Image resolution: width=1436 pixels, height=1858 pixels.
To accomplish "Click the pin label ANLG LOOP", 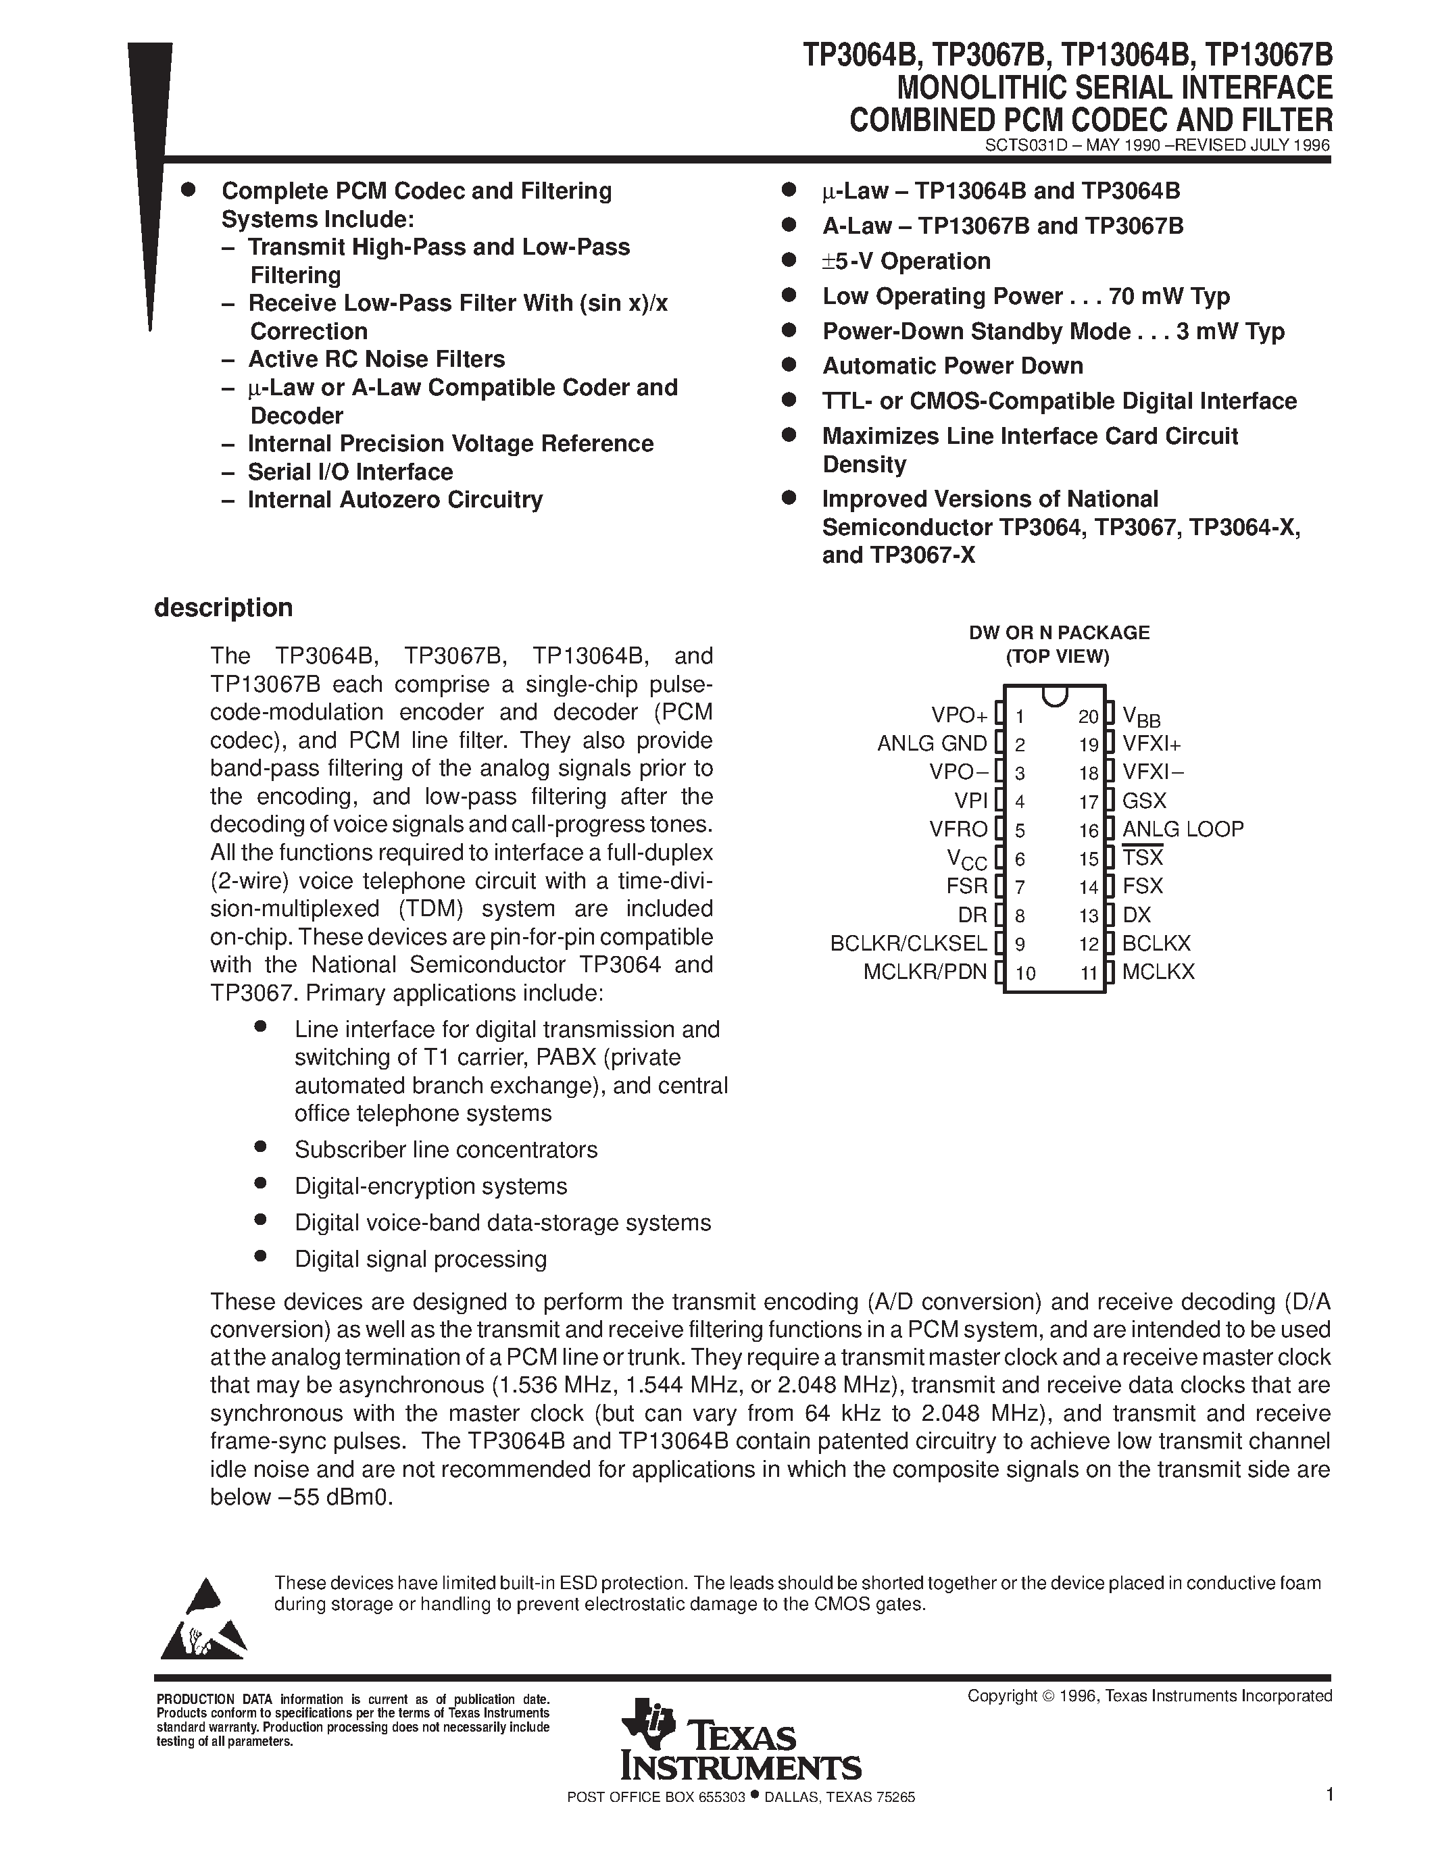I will (1183, 830).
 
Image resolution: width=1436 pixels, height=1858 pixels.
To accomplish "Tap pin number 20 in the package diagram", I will (1088, 717).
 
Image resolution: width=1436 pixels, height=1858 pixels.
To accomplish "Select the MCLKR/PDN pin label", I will (924, 972).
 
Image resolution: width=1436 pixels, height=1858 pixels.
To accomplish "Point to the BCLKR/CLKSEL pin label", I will (908, 943).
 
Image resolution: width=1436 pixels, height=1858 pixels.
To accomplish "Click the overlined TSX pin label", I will (1143, 857).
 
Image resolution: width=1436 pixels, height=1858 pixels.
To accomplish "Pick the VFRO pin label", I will (959, 830).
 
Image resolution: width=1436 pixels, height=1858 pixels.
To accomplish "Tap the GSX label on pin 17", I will (1144, 801).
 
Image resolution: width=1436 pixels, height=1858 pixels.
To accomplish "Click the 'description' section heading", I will (223, 608).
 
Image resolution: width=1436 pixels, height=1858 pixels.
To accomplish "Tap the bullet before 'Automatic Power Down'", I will (789, 365).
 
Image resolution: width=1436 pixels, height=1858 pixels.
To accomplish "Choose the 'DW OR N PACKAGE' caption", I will (1058, 633).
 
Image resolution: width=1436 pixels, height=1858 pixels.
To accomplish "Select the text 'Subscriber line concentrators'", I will (446, 1150).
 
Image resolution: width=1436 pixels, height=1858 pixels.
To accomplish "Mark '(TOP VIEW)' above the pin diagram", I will (1058, 657).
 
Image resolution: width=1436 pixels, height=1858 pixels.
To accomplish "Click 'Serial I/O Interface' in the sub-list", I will (349, 472).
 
